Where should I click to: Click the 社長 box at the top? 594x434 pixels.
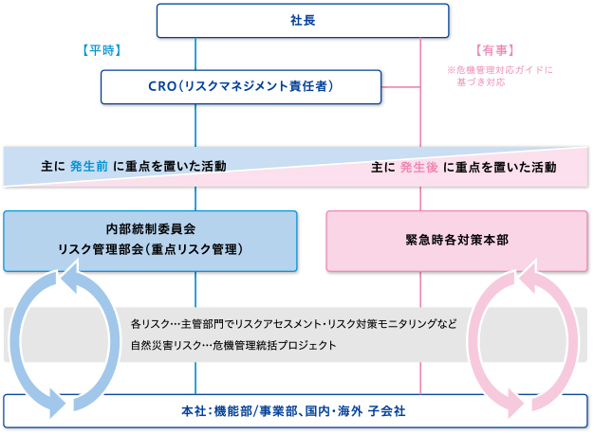pos(303,21)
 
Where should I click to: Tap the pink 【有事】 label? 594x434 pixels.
pos(494,49)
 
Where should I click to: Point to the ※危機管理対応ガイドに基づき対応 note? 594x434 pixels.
pos(499,76)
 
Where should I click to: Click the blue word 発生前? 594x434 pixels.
pos(88,166)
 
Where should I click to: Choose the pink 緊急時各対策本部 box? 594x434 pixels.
pos(456,241)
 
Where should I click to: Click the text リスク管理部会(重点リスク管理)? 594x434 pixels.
pos(151,250)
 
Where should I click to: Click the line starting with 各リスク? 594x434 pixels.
pos(293,324)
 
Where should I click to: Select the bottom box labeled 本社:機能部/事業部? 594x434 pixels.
pos(296,410)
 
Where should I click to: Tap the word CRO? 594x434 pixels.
pos(163,88)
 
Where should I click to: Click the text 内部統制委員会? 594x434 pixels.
pos(151,229)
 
